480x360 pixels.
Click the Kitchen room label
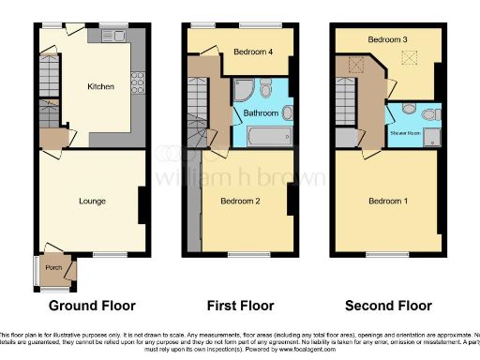coord(101,86)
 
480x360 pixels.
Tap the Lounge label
coord(92,201)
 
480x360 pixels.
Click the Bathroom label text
coord(262,113)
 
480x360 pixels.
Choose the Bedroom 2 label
coord(239,201)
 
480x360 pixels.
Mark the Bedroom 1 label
coord(388,201)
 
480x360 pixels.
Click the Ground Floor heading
coord(92,306)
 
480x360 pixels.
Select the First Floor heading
coord(240,306)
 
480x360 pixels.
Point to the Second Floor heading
coord(388,306)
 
